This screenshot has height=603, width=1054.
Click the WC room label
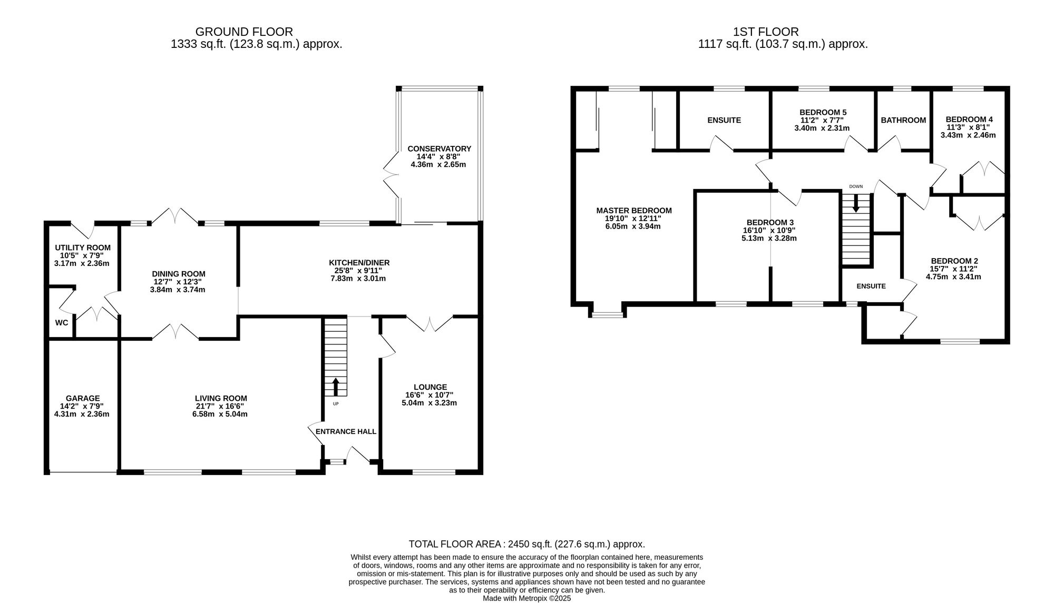(x=62, y=323)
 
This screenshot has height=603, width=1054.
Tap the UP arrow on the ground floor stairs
(x=336, y=387)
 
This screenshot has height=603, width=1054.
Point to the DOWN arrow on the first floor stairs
(x=856, y=203)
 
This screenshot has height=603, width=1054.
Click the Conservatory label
(x=439, y=149)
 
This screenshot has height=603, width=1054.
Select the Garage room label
(x=83, y=399)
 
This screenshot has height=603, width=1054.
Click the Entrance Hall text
(x=346, y=432)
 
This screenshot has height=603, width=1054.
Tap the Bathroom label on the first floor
(x=903, y=120)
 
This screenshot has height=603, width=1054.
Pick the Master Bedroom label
(x=634, y=211)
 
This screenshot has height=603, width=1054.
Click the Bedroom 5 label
(x=823, y=112)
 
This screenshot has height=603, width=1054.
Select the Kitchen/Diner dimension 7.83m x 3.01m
(x=358, y=278)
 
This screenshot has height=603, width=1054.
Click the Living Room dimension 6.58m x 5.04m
(x=220, y=414)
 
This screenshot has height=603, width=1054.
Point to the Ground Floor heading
(x=244, y=32)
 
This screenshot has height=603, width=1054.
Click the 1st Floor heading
(x=766, y=32)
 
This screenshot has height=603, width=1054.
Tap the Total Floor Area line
(x=527, y=544)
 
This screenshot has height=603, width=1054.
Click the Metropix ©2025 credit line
(x=527, y=598)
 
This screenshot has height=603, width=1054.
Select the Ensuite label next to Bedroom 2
(x=871, y=286)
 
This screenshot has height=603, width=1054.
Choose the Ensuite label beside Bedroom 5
(x=724, y=120)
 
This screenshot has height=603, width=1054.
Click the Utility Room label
(x=83, y=248)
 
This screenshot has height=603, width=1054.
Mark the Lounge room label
(x=430, y=387)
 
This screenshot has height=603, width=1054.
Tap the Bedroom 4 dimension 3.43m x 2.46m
(x=968, y=135)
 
